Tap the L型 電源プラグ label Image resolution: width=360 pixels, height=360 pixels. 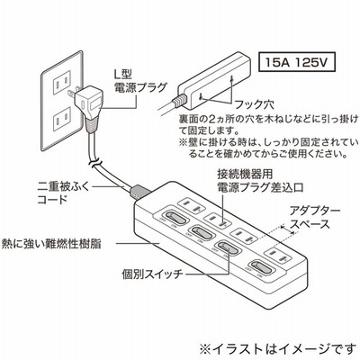click(139, 81)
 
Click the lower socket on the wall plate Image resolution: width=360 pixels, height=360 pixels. click(61, 121)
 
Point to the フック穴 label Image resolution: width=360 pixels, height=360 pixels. click(254, 105)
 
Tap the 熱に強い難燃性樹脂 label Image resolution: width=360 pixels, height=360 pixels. click(51, 243)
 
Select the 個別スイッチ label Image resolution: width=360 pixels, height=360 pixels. click(152, 274)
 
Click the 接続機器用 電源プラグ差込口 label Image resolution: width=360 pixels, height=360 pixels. click(260, 181)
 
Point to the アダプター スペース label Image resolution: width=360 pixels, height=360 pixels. click(315, 218)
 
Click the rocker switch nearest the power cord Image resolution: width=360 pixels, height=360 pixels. click(174, 218)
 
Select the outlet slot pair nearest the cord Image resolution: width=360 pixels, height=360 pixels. click(191, 206)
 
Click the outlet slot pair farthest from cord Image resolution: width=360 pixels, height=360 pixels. click(277, 256)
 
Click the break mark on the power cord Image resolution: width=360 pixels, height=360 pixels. click(95, 164)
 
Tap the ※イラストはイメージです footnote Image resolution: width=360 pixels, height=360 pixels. click(278, 349)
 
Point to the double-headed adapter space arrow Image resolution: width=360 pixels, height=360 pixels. click(288, 230)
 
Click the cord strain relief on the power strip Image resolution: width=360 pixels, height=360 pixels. click(139, 192)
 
